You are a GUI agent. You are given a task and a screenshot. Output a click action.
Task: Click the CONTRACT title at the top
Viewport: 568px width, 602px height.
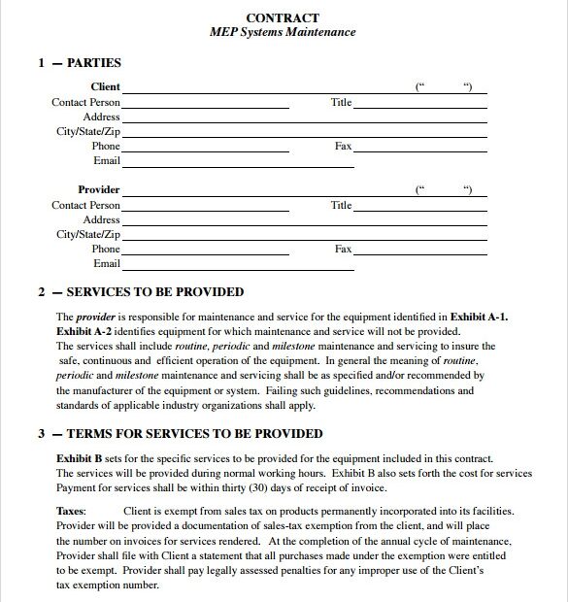(283, 17)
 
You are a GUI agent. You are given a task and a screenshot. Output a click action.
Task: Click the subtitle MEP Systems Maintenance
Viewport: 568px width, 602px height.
(283, 32)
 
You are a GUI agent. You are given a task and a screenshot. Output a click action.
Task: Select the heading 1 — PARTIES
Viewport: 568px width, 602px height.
(80, 63)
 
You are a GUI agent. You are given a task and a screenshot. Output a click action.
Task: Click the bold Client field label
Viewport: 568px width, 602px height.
(105, 87)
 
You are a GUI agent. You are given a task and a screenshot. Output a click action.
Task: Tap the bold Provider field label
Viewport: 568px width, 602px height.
(99, 190)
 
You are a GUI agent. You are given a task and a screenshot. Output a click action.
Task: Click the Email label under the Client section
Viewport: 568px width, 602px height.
(107, 161)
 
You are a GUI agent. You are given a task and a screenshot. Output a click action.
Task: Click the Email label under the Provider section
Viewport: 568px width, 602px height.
(107, 264)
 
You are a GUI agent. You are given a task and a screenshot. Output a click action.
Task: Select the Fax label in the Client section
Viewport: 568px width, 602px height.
(343, 147)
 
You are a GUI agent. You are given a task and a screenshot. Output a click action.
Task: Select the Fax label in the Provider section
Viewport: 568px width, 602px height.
(343, 250)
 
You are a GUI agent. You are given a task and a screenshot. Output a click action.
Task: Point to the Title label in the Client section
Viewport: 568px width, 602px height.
(341, 102)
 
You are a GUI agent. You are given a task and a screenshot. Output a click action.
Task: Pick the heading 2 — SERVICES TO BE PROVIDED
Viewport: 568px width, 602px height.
(141, 292)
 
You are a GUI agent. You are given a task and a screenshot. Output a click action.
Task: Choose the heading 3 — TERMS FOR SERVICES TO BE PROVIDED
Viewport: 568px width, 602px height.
(181, 434)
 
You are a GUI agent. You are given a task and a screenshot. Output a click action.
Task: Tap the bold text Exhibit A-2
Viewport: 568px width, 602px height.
(84, 331)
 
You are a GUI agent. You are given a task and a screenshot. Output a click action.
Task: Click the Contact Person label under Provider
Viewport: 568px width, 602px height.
(86, 206)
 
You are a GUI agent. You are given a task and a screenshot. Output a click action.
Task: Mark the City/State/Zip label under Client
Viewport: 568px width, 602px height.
(88, 132)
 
